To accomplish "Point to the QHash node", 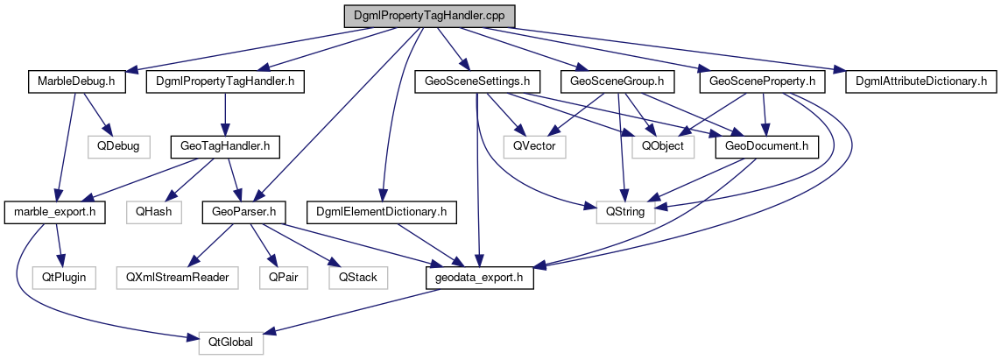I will [x=154, y=211].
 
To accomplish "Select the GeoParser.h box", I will [x=239, y=211].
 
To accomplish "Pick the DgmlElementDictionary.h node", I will [x=383, y=211].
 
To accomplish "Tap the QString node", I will [x=625, y=211].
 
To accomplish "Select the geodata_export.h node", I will [x=479, y=277].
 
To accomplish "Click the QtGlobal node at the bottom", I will [x=224, y=342].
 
